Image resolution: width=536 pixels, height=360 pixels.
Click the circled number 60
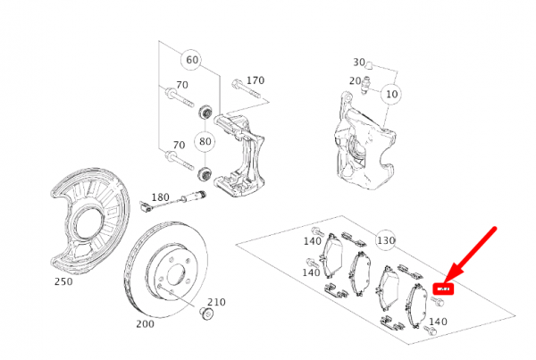(190, 61)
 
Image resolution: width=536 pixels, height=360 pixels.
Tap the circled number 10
(391, 93)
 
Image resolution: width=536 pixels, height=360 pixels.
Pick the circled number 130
(386, 240)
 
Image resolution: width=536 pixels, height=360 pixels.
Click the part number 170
(255, 80)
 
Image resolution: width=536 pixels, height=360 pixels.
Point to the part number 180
(160, 197)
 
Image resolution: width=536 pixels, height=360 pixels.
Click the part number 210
(217, 302)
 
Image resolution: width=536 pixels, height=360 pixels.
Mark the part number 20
(355, 80)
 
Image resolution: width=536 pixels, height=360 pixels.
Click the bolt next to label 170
(236, 87)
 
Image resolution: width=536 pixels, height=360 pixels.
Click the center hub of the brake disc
(169, 272)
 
